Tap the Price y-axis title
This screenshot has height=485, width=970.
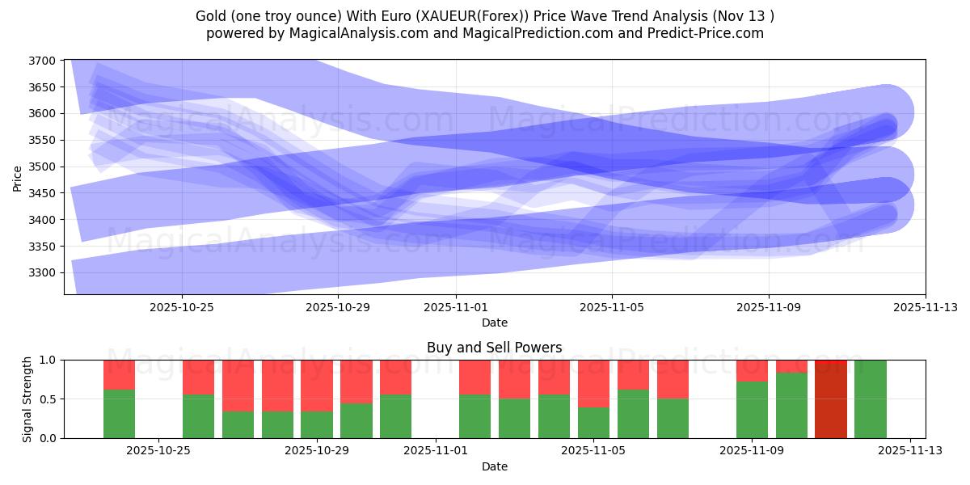(18, 177)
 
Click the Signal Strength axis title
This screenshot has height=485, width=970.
(27, 399)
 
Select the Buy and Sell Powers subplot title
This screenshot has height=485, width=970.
(494, 348)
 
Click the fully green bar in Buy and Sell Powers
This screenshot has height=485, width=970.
(870, 399)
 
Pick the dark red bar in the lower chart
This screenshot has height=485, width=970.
(830, 399)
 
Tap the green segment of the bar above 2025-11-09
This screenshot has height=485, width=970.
(752, 410)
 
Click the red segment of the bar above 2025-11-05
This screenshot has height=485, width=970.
(593, 383)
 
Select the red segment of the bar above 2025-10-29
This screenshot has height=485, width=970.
(317, 386)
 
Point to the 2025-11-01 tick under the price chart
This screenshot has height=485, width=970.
(455, 307)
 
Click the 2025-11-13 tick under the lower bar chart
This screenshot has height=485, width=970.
(910, 451)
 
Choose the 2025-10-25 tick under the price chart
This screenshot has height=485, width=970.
(182, 307)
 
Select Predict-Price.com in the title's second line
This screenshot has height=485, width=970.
(712, 33)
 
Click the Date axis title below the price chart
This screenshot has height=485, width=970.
(494, 323)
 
